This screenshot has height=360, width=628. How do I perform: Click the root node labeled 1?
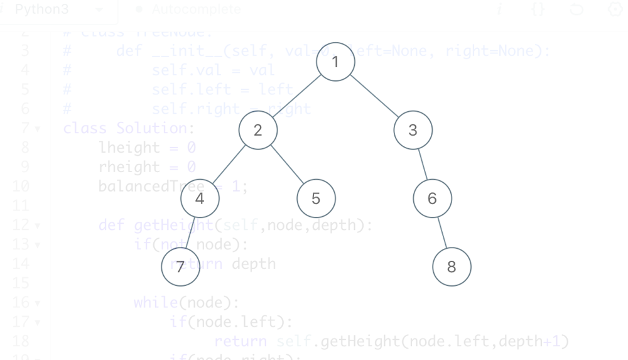[x=335, y=62]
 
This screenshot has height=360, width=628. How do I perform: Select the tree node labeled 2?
[x=257, y=130]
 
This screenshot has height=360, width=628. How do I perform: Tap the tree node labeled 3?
[x=413, y=130]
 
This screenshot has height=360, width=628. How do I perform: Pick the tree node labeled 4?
[x=200, y=199]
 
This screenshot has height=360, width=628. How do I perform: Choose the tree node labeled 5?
[x=316, y=199]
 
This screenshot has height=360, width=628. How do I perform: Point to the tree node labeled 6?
[x=432, y=199]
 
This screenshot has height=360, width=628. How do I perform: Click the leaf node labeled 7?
[x=180, y=267]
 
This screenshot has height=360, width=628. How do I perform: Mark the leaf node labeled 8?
[x=452, y=267]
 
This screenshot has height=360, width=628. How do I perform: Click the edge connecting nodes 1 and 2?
[x=296, y=96]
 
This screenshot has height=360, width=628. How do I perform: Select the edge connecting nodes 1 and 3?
[x=374, y=96]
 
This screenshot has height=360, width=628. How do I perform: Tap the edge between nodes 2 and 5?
[x=287, y=165]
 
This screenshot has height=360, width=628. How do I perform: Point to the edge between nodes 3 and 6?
[x=423, y=165]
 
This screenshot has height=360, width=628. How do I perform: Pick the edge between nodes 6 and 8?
[x=442, y=233]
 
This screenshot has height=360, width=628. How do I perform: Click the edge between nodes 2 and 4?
[x=229, y=165]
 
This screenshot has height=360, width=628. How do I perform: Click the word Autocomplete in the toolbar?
[x=196, y=10]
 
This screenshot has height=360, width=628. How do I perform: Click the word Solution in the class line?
[x=151, y=128]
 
